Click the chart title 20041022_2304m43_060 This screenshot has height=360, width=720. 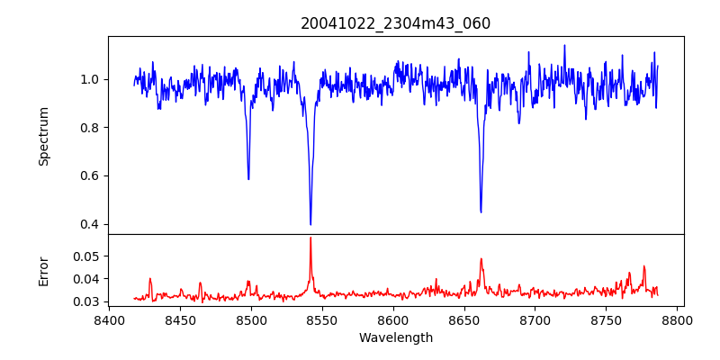396,23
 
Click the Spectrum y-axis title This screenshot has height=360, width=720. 43,136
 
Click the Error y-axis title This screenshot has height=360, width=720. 43,270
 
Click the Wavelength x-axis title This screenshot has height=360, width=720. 396,338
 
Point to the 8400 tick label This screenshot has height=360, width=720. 109,319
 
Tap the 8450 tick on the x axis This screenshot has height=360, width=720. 180,319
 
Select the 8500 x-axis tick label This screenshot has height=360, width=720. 251,319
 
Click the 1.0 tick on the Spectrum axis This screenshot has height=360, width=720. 89,79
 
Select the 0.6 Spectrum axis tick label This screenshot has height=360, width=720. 89,175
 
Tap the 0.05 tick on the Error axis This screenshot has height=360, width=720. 85,256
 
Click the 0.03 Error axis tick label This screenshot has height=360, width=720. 85,301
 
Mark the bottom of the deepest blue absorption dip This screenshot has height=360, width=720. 310,224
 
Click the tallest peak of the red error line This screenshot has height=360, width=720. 310,238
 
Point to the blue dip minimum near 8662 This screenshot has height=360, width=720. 481,212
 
